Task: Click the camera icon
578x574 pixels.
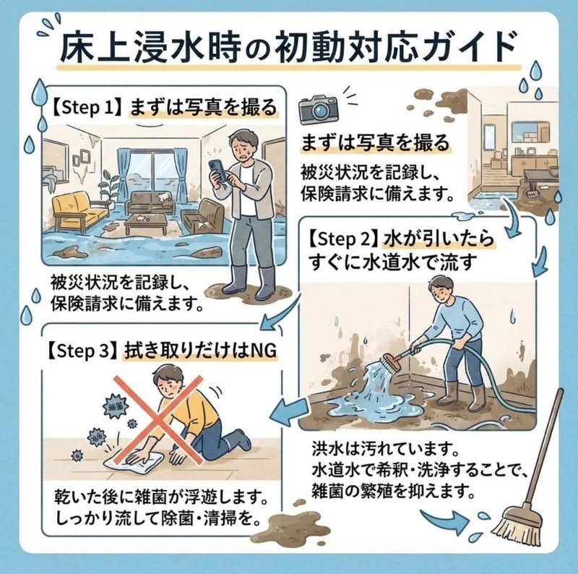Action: tap(319, 109)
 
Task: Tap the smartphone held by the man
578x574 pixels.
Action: tap(217, 171)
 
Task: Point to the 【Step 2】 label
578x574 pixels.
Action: tap(342, 239)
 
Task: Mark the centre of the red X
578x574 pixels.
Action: tap(158, 420)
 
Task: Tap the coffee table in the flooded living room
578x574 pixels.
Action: tap(147, 224)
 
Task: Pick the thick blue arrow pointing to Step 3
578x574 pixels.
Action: tap(290, 411)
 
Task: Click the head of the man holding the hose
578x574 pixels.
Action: tap(441, 291)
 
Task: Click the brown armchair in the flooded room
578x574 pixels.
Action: tap(203, 215)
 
